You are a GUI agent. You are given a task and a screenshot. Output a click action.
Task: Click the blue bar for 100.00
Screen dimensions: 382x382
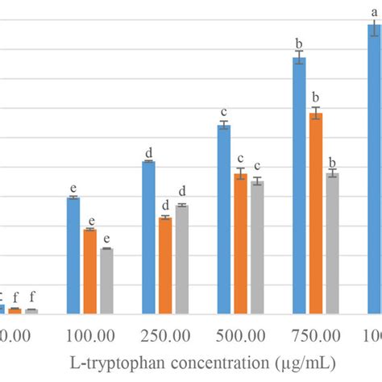(73, 255)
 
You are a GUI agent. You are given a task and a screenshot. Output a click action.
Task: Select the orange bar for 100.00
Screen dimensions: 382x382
(89, 272)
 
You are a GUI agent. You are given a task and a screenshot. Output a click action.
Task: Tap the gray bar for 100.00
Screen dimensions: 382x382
(106, 280)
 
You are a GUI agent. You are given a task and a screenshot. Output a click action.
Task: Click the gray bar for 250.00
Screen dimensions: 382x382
(181, 259)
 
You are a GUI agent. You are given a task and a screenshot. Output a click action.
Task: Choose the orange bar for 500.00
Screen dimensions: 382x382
(241, 243)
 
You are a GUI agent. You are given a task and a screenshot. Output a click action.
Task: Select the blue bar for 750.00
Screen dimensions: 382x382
(299, 185)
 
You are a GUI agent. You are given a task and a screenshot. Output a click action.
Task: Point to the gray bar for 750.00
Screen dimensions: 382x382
(332, 243)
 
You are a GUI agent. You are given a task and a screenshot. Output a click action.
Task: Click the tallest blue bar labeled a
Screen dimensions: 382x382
(374, 169)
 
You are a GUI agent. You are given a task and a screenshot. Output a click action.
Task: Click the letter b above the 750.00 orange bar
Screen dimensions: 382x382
(316, 98)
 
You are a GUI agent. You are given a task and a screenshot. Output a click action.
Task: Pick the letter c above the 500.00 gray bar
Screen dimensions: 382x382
(257, 166)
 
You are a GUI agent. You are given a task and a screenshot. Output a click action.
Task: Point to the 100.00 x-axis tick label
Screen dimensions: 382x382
(89, 334)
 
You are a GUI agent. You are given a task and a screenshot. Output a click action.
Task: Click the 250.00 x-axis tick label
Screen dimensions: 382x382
(165, 334)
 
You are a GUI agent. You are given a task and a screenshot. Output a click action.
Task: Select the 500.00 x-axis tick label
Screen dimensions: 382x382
(241, 334)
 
